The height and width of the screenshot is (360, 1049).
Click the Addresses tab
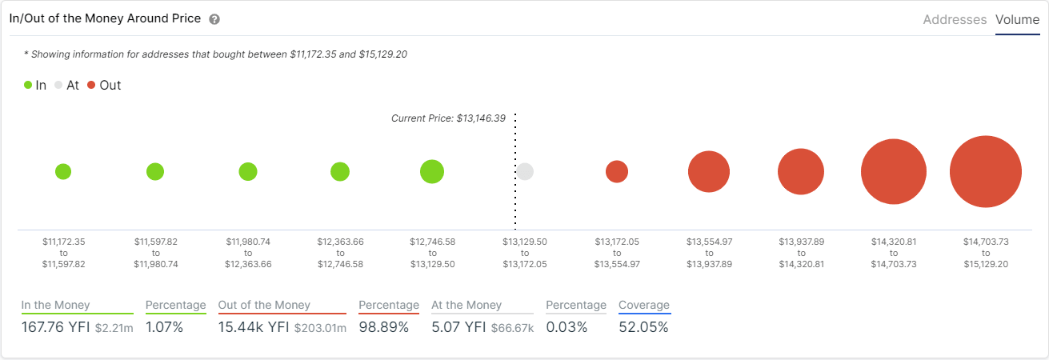[955, 20]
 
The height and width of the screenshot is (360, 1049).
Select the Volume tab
[1017, 20]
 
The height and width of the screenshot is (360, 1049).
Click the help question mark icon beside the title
[214, 19]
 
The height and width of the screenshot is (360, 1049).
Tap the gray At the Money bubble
[525, 171]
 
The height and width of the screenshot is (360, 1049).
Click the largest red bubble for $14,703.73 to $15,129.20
[986, 171]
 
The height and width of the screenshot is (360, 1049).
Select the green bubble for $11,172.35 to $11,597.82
[63, 171]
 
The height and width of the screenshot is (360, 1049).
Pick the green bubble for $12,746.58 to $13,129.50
[432, 171]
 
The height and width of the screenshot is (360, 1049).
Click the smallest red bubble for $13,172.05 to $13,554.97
[617, 171]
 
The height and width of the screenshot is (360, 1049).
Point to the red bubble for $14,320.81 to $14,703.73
[894, 171]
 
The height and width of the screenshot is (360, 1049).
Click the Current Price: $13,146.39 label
[448, 118]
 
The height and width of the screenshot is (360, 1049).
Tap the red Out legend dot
[91, 85]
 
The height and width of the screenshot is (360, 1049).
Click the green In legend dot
[28, 85]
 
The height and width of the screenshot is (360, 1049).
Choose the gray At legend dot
[58, 85]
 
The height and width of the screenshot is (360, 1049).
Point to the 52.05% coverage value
[643, 327]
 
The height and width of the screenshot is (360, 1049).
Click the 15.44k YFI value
[253, 327]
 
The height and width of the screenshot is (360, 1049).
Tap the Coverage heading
[644, 305]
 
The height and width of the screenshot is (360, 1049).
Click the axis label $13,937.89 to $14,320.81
[801, 252]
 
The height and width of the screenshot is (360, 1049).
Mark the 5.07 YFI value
[458, 327]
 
